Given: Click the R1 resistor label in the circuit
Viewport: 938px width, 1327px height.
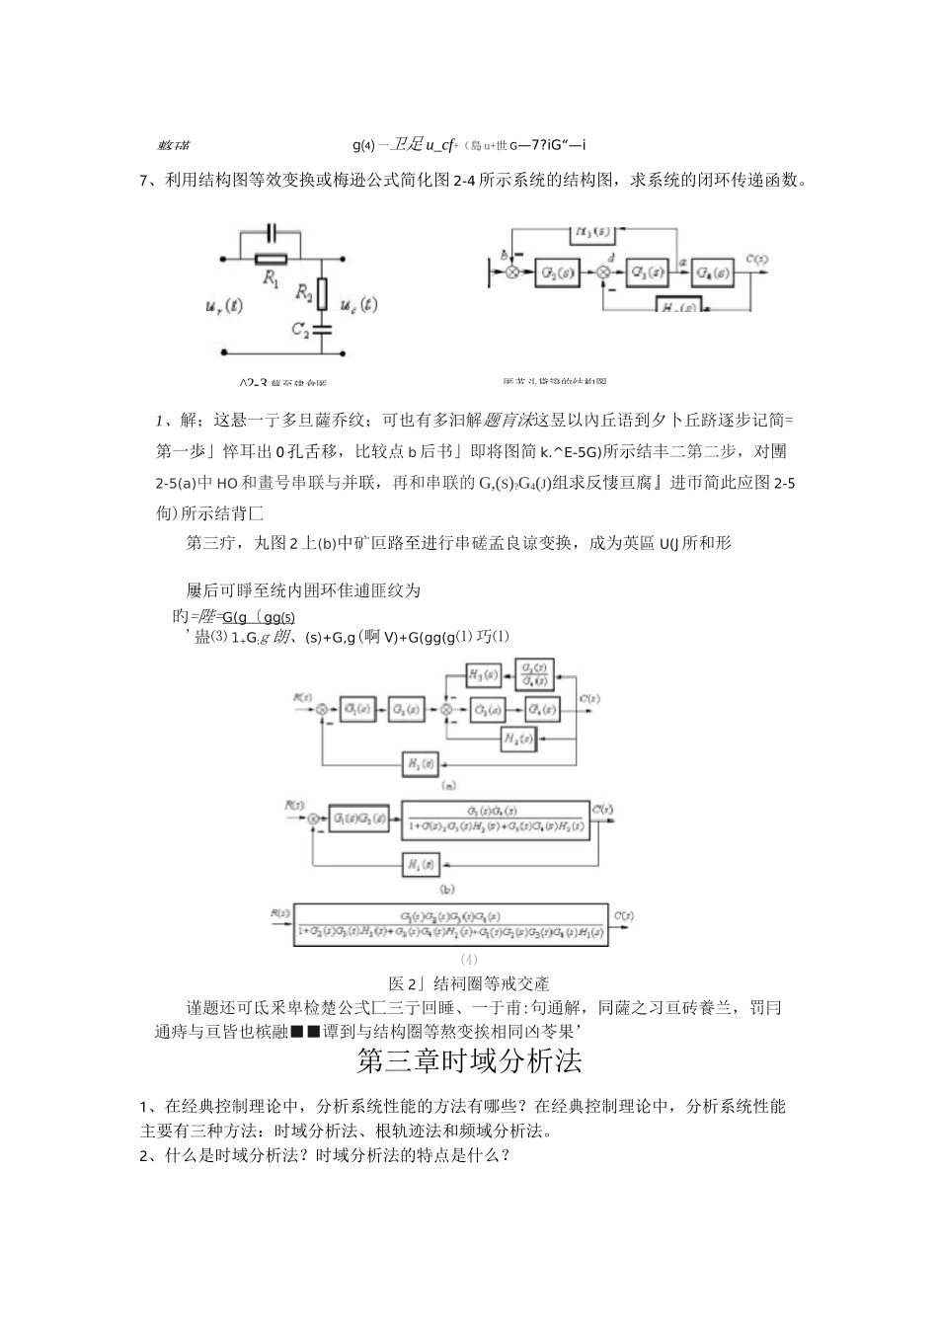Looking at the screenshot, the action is pos(270,279).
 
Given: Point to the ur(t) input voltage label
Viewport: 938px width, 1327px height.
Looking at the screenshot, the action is pos(223,306).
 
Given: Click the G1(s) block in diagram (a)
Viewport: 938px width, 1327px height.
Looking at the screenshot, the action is pos(353,709).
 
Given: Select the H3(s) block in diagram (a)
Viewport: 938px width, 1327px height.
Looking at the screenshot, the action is pos(482,674).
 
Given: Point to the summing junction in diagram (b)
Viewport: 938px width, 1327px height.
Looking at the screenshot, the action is pos(314,819).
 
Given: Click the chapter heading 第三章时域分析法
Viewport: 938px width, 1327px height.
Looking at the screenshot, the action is pos(469,1061).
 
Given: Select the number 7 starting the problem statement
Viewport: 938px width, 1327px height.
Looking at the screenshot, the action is pos(144,180).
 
